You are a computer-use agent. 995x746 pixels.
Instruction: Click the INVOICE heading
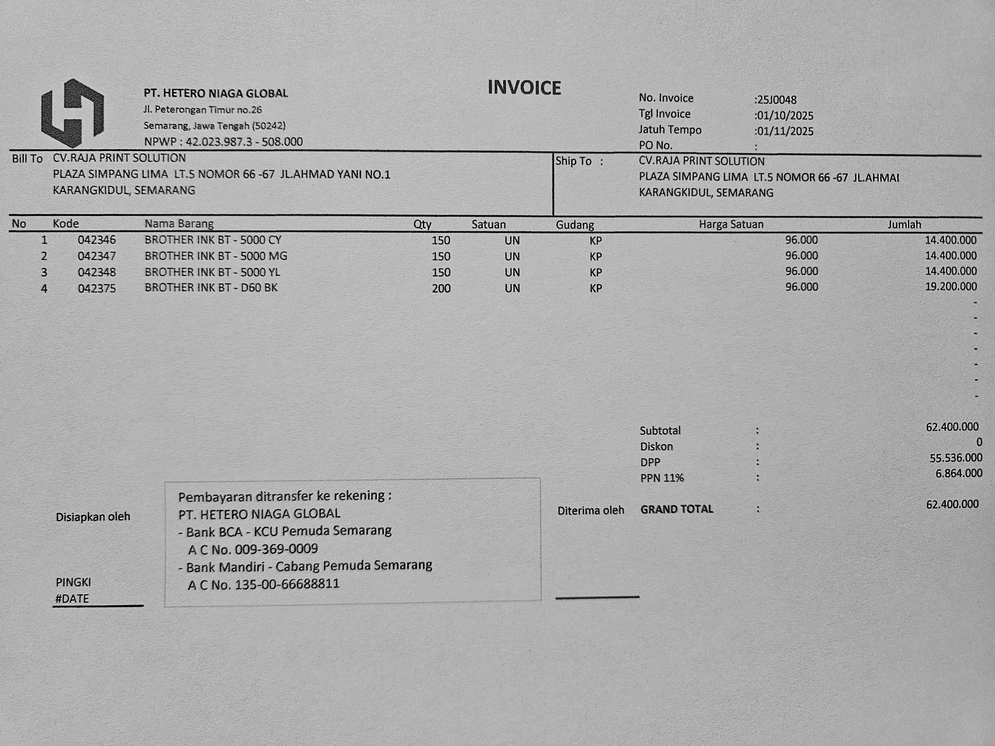coord(524,88)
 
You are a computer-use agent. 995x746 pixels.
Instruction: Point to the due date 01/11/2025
coord(785,131)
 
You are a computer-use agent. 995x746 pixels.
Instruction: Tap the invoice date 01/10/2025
coord(785,116)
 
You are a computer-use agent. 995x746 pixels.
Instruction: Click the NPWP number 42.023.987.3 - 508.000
coord(244,142)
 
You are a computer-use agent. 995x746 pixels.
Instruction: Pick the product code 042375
coord(97,288)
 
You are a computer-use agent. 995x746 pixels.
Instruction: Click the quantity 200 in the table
coord(441,288)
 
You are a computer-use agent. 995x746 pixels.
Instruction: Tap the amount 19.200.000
coord(950,286)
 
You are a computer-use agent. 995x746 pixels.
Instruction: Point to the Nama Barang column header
coord(179,224)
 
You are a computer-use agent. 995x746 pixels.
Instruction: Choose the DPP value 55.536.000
coord(955,458)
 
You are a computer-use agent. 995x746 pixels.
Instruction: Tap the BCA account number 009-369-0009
coord(276,549)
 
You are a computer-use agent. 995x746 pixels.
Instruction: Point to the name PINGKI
coord(73,582)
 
